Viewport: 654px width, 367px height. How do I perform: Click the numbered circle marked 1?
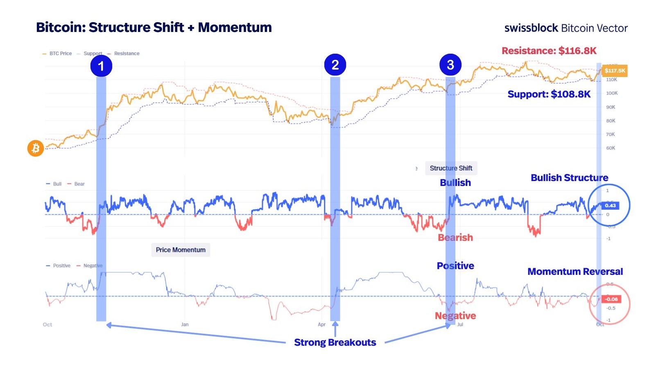(x=101, y=66)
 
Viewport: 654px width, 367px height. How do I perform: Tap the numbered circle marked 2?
(x=335, y=65)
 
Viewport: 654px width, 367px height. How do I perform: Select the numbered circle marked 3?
(x=450, y=65)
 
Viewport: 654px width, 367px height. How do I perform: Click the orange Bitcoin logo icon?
(x=36, y=148)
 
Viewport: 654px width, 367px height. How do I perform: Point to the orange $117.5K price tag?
(x=615, y=70)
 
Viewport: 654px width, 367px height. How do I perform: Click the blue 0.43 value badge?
(x=610, y=206)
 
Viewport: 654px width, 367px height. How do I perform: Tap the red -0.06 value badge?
(x=611, y=299)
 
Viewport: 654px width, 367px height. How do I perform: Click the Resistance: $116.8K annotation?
(x=549, y=51)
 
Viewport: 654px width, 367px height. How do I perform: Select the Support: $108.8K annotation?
(x=549, y=94)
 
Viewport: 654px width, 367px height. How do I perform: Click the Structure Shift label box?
(x=451, y=168)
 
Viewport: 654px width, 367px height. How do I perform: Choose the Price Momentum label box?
(x=181, y=250)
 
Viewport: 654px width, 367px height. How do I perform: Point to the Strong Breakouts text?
(x=335, y=342)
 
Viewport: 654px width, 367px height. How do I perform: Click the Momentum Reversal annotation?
(x=575, y=272)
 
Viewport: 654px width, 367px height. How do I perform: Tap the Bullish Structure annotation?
(x=569, y=178)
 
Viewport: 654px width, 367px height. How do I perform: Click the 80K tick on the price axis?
(x=611, y=121)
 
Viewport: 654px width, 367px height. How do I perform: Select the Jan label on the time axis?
(x=185, y=324)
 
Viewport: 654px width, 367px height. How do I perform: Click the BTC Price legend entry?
(x=60, y=53)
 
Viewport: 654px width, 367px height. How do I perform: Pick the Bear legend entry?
(x=79, y=184)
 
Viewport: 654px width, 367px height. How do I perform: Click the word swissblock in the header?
(x=531, y=28)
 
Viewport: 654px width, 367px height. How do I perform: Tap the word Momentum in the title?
(x=235, y=27)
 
